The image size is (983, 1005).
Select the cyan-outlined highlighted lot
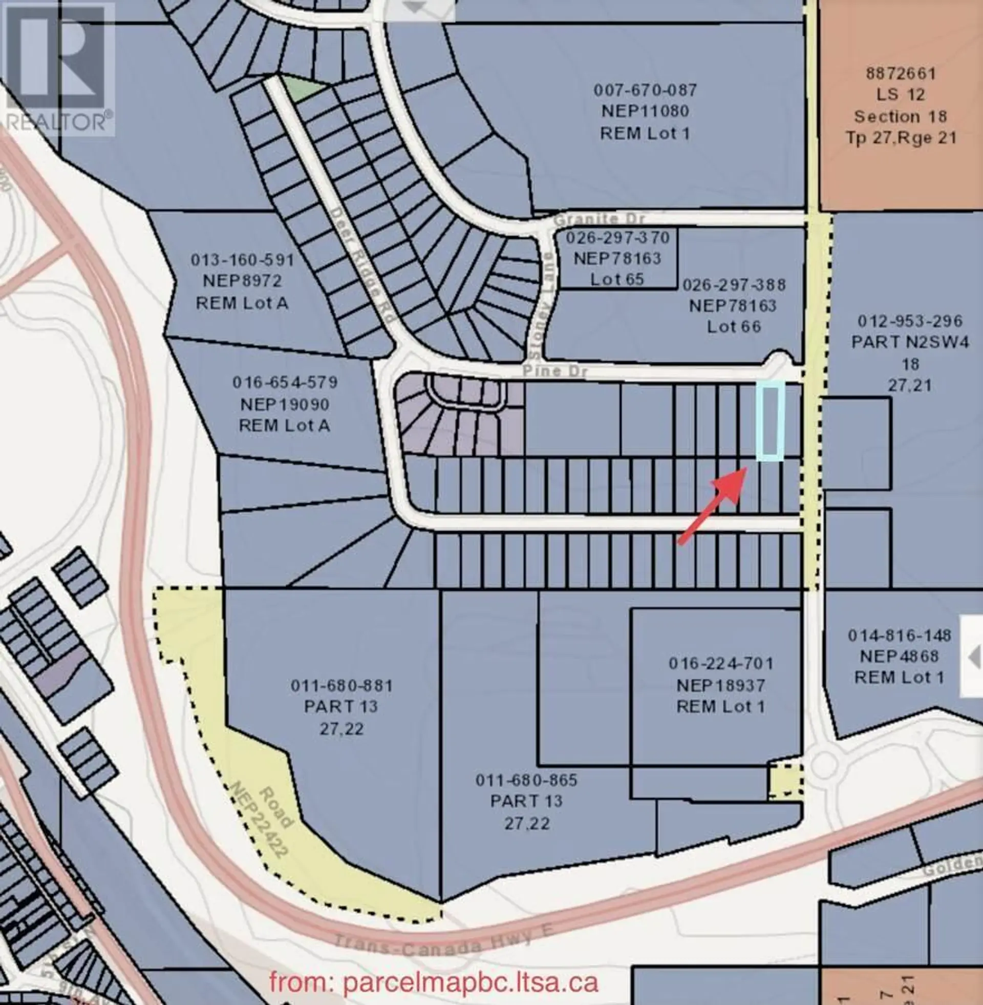coord(771,420)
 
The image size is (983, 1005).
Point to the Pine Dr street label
coord(555,371)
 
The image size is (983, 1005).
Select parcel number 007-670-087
coord(646,90)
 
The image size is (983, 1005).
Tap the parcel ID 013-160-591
coord(242,260)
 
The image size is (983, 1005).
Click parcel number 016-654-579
coord(285,383)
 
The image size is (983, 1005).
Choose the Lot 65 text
coord(617,279)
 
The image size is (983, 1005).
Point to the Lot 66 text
coord(734,326)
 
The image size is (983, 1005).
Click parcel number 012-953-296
coord(910,321)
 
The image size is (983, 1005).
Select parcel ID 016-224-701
coord(721,663)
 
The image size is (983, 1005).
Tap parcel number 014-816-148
coord(900,635)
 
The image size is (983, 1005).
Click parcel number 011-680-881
coord(342,686)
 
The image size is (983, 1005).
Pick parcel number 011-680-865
coord(526,780)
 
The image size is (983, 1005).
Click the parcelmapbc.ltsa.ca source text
coord(434,982)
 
